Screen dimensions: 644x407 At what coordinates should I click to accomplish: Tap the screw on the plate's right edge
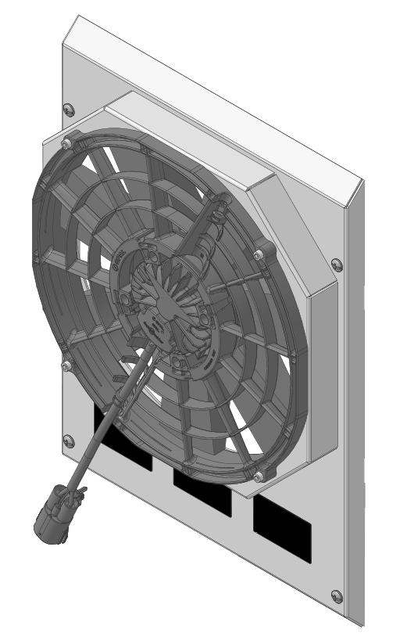coord(337,264)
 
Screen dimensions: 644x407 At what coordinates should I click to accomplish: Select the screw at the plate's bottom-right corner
coord(337,597)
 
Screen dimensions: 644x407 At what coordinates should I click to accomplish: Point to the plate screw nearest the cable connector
coord(68,440)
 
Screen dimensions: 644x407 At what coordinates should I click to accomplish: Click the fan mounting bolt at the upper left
coord(66,143)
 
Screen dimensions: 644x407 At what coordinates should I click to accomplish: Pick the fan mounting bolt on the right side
coord(260,254)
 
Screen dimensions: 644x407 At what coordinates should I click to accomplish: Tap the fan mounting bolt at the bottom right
coord(259,476)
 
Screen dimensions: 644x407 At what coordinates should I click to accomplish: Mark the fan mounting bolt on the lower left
coord(66,365)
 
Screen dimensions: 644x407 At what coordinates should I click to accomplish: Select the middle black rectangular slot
coord(202,490)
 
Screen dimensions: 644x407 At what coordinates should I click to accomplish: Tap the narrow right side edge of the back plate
coord(355,391)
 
